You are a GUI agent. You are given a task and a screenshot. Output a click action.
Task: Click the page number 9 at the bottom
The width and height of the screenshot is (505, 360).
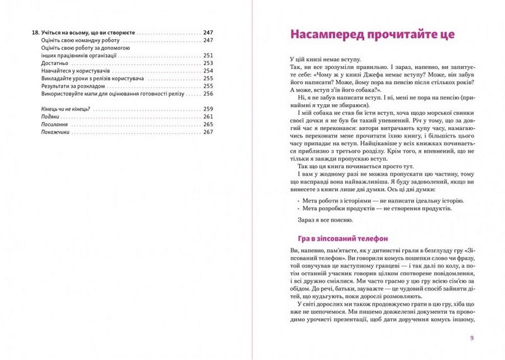(x=472, y=337)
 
